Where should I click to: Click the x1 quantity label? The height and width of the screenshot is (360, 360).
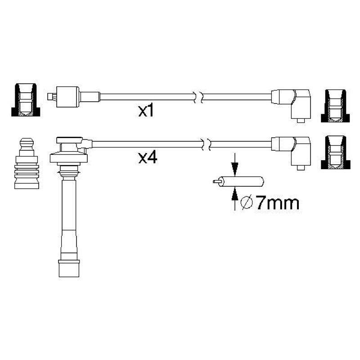click(x=146, y=112)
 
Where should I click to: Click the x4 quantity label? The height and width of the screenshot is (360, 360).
click(x=148, y=158)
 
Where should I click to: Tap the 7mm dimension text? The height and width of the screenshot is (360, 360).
click(x=277, y=203)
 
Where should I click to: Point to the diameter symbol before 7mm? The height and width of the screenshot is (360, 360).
click(x=247, y=203)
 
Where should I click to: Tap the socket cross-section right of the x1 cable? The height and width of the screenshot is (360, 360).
click(x=335, y=106)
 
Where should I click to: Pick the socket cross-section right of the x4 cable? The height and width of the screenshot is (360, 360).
click(x=335, y=153)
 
